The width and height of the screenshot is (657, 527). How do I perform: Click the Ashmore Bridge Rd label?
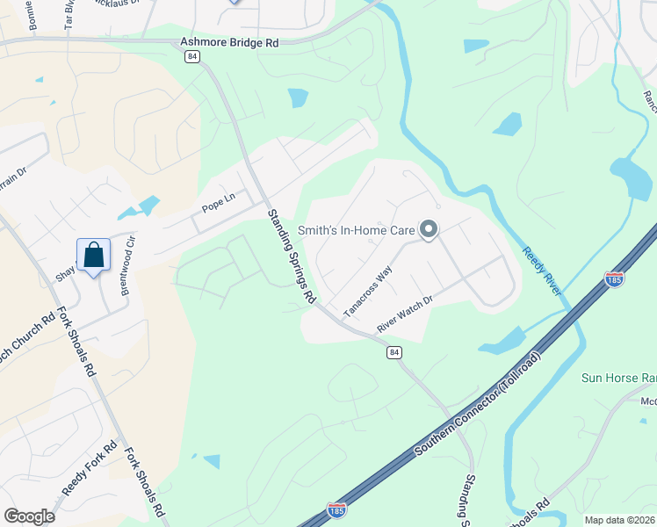tap(229, 41)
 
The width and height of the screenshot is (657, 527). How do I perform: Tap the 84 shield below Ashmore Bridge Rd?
tap(193, 56)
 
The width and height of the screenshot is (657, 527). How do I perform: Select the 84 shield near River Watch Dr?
tap(395, 352)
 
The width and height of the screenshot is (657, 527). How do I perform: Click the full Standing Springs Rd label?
tap(292, 256)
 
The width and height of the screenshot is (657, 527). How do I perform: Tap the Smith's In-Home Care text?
tap(356, 230)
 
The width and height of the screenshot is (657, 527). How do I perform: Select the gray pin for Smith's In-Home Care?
tap(429, 230)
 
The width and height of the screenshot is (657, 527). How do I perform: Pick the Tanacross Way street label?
tap(367, 293)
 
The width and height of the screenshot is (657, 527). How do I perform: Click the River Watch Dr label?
tap(406, 314)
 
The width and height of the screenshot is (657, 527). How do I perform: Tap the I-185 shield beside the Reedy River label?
tap(615, 279)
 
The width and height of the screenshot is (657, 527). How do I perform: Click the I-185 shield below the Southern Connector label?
tap(336, 510)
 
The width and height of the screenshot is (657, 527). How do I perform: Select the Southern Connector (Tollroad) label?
tap(479, 404)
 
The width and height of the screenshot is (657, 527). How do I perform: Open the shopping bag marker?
tap(93, 256)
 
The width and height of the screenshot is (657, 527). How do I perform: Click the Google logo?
tap(29, 516)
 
